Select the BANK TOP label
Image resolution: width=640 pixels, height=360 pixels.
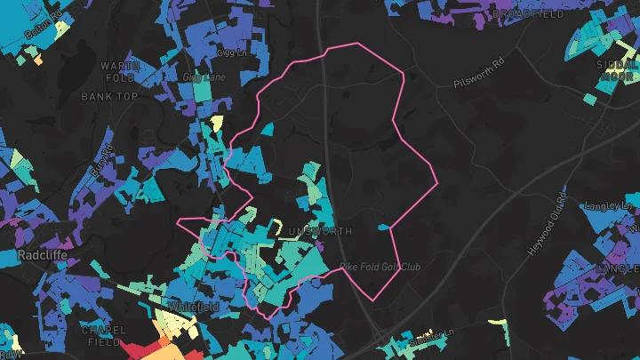pos(109,96)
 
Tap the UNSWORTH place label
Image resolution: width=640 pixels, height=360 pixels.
pos(321,231)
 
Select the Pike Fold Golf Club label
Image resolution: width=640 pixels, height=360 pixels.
pos(380,267)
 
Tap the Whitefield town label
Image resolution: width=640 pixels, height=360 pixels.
pos(193,307)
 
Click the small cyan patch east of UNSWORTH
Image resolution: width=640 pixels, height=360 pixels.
pos(383,228)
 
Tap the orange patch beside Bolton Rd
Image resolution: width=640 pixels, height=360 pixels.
pos(37,60)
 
